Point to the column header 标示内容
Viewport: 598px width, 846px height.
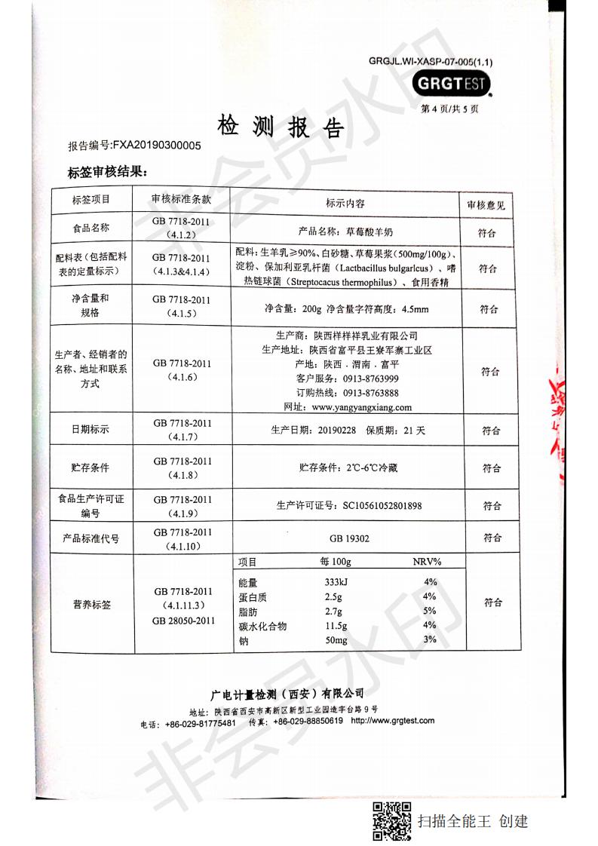(345, 204)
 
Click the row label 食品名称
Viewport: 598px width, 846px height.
(90, 228)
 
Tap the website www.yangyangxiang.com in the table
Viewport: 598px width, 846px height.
(361, 407)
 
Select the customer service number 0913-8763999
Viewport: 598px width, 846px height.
(371, 379)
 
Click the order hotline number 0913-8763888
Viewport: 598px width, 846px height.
(371, 393)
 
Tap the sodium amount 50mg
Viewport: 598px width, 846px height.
(336, 640)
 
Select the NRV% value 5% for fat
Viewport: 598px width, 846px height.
(430, 612)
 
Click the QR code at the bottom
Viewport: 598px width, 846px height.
(392, 822)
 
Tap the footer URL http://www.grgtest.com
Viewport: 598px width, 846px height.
(392, 721)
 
